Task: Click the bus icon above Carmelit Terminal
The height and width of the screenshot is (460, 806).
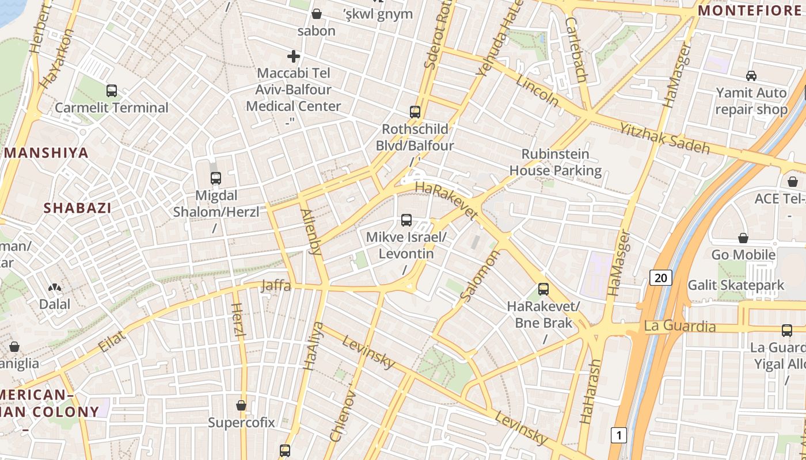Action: point(112,91)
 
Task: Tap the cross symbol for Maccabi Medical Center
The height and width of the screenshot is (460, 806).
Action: point(294,56)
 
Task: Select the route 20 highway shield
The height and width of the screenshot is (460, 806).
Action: point(661,278)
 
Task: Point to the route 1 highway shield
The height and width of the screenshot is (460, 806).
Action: point(619,435)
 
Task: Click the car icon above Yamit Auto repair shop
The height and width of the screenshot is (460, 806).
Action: point(751,75)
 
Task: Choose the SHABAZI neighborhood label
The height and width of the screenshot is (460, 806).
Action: point(77,208)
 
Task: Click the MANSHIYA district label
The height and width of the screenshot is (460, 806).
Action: point(47,153)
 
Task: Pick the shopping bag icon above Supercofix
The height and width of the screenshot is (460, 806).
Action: point(241,405)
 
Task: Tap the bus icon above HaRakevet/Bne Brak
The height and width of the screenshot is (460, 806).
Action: point(543,289)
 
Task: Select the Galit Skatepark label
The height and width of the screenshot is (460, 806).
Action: point(736,285)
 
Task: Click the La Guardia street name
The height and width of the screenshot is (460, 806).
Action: point(680,327)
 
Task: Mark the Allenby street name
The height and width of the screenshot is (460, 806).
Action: point(311,232)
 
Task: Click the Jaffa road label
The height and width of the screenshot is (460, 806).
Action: point(276,286)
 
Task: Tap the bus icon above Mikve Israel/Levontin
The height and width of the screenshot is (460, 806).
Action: point(406,220)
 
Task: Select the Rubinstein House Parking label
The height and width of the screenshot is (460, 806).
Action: point(556,162)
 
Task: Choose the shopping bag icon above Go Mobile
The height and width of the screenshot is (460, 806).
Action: point(743,238)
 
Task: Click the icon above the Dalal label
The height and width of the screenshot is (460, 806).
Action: point(55,287)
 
